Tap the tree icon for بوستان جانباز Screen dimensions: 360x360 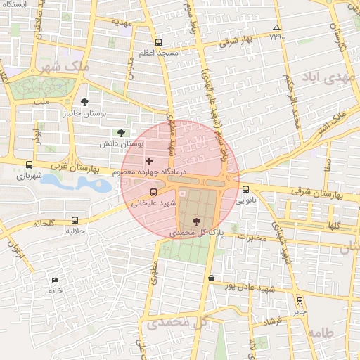point(86,101)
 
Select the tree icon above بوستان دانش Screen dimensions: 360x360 point(121,132)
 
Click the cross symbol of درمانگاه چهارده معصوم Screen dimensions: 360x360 point(149,161)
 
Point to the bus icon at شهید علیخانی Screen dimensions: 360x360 point(153,192)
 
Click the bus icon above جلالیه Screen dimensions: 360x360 point(70,219)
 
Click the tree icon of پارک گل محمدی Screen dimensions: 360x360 point(195,221)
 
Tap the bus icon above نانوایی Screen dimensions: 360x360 point(245,188)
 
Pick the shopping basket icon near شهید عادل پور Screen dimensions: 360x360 point(211,278)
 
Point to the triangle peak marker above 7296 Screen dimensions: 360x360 point(276,28)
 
